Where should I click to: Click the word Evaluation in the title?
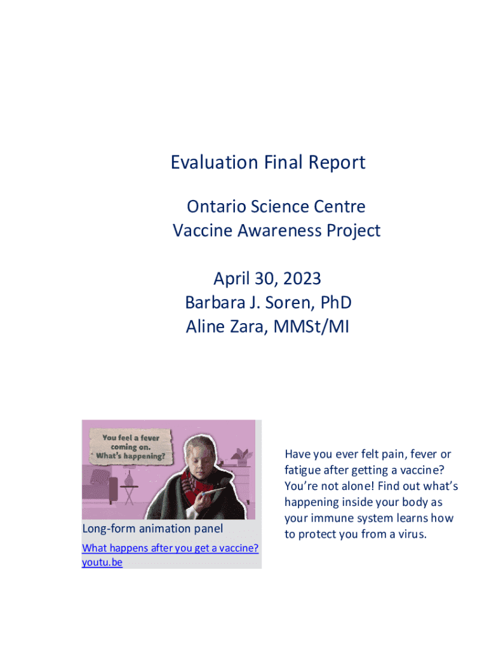tap(215, 162)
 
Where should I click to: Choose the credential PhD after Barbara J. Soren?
tap(336, 303)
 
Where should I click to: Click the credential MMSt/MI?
tap(311, 327)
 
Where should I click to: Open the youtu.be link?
tap(102, 562)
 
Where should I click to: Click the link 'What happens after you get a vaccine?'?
tap(170, 548)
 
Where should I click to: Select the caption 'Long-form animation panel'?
tap(152, 529)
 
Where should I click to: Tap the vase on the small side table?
tap(129, 479)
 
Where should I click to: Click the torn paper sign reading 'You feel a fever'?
tap(131, 447)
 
